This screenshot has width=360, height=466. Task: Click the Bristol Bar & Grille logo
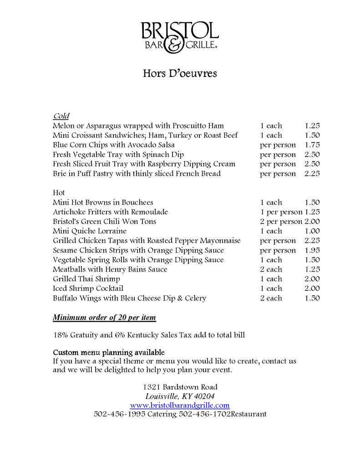[x=179, y=37]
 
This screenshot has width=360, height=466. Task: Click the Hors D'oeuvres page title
[x=180, y=73]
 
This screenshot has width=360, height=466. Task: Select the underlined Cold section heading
[x=61, y=116]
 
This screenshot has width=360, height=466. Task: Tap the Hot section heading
[x=59, y=192]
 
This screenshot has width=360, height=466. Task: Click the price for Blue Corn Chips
[x=312, y=145]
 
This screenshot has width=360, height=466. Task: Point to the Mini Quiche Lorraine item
[x=90, y=231]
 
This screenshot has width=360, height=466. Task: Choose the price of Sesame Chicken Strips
[x=312, y=250]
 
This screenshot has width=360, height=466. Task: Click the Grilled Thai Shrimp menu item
[x=86, y=279]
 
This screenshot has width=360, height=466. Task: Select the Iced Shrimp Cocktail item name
[x=88, y=289]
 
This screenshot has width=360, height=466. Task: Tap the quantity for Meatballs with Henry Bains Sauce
[x=271, y=269]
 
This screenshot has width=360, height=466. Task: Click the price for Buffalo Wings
[x=312, y=298]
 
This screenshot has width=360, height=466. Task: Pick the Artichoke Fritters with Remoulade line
[x=111, y=212]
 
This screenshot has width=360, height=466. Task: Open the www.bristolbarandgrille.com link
[x=180, y=405]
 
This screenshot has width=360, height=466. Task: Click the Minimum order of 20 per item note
[x=105, y=317]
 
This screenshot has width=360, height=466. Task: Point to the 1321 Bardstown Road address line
[x=180, y=387]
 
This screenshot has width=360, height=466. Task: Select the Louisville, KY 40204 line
[x=180, y=396]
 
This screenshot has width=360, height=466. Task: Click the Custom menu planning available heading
[x=109, y=353]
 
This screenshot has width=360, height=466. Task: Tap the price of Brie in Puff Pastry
[x=312, y=173]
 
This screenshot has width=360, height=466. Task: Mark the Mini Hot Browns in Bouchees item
[x=103, y=203]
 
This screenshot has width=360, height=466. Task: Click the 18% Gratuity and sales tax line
[x=149, y=335]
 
